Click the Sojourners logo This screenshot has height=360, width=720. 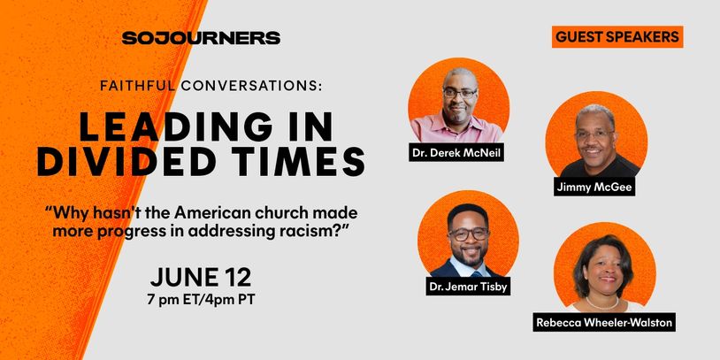tap(201, 38)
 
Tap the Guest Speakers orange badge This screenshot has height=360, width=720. tap(617, 37)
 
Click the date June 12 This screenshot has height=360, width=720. tap(201, 278)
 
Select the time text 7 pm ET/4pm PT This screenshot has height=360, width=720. tap(201, 300)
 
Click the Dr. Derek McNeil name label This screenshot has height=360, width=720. tap(456, 152)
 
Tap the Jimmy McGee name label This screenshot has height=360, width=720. tap(594, 187)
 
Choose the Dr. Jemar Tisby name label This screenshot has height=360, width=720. tap(468, 286)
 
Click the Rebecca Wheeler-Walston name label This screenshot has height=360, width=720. tap(604, 322)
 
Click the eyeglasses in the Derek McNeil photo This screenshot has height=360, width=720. tap(461, 93)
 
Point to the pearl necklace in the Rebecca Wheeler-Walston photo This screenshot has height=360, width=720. tap(602, 303)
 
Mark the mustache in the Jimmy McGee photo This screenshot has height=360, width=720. tap(594, 149)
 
